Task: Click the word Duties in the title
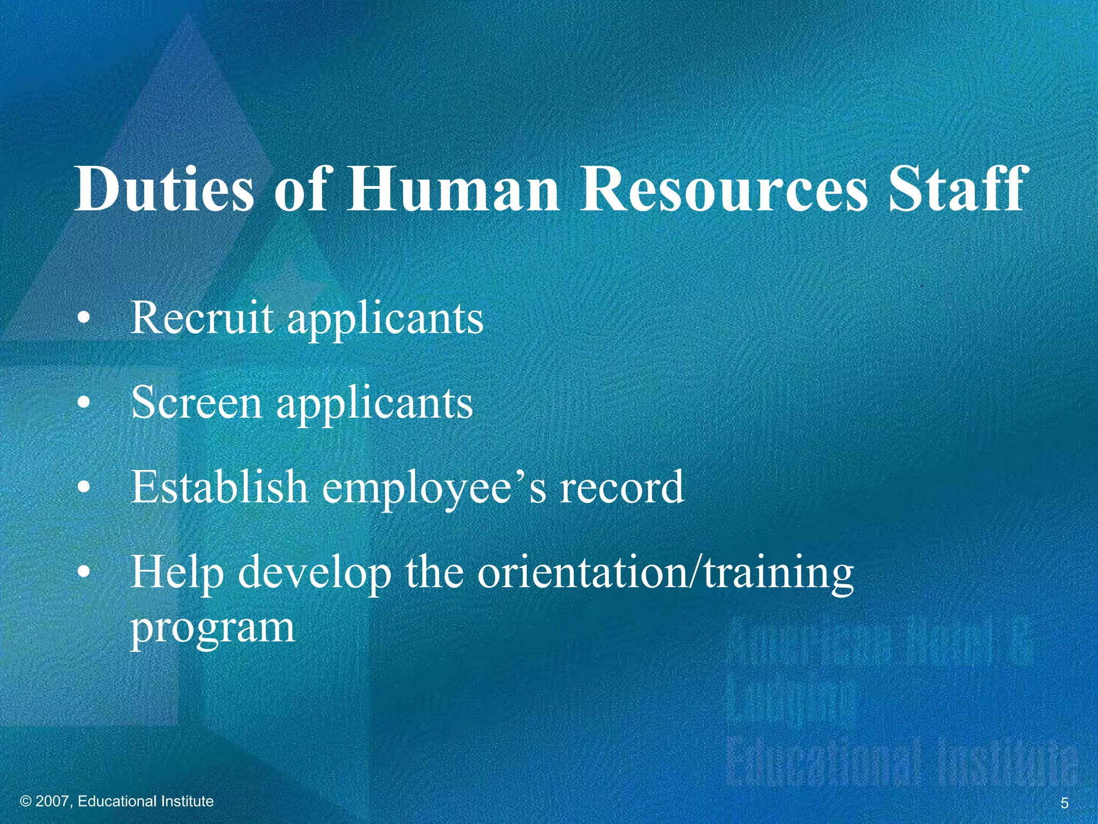coord(164,189)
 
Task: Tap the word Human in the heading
coord(454,189)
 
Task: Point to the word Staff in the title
coord(958,189)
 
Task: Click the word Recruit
coord(202,318)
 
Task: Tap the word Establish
coord(219,487)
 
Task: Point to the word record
coord(622,487)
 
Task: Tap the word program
coord(213,628)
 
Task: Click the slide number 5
coord(1064,803)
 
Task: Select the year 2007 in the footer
coord(52,801)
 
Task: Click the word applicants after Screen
coord(375,403)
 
